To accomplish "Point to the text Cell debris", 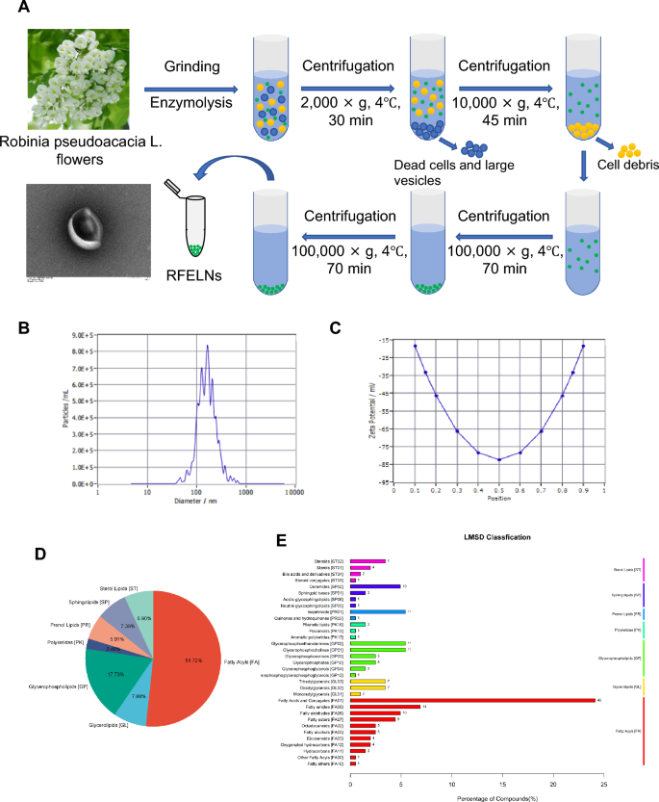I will tap(624, 165).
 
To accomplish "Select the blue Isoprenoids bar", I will tap(381, 611).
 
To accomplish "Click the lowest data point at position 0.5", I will tap(498, 459).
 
